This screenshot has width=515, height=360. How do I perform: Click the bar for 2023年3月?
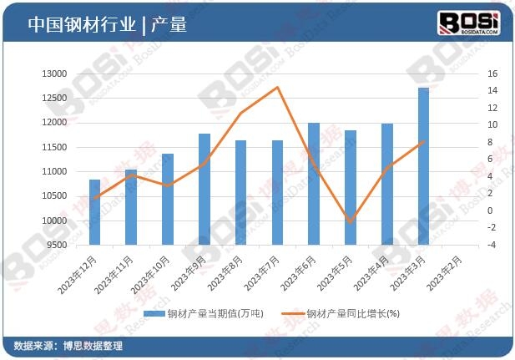point(423,166)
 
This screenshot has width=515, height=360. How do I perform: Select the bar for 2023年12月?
point(94,212)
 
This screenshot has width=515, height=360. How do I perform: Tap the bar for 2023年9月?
point(204,189)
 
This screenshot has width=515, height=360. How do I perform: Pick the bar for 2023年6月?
point(314,184)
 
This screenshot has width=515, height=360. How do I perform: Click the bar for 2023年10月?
point(168,199)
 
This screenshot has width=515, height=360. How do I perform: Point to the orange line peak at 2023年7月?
point(277,87)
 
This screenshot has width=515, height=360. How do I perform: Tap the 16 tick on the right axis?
point(492,74)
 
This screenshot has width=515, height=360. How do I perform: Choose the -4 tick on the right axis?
point(492,246)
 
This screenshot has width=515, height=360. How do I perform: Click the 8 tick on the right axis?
point(492,142)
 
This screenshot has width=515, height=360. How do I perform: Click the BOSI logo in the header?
point(468,23)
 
